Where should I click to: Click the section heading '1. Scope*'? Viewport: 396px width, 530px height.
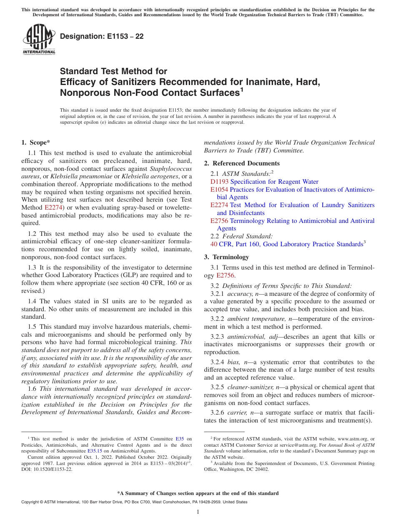pos(36,142)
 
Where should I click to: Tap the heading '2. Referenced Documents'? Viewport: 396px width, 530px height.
pos(242,163)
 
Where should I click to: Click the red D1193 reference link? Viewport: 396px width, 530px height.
pos(219,182)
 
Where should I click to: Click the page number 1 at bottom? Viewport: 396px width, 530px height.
pos(198,512)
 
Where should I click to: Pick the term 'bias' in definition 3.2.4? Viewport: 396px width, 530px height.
pos(234,362)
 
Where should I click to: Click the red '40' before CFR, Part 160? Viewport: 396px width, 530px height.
pos(214,244)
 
